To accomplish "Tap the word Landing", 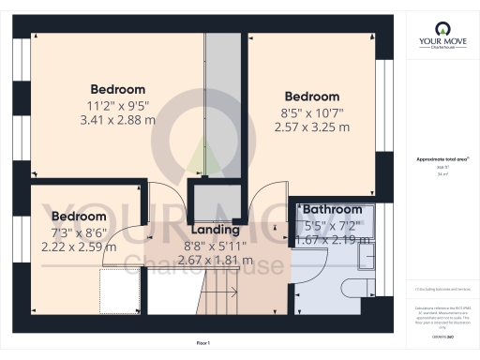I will click(x=215, y=230).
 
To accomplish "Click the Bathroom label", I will click(x=333, y=209).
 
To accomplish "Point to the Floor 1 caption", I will click(x=202, y=344).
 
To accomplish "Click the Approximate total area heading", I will click(x=435, y=160).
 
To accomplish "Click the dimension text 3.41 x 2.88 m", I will click(x=118, y=120).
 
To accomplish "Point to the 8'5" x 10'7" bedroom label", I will click(x=311, y=97).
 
